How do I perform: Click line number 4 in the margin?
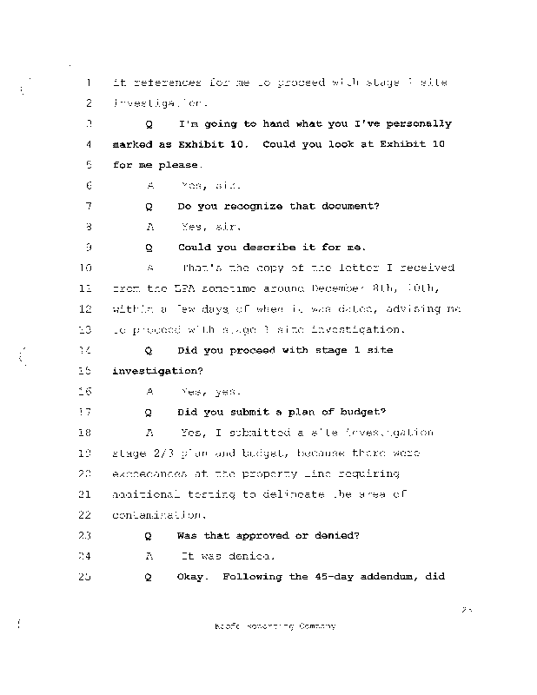coord(89,144)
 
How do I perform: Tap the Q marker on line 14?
coord(149,350)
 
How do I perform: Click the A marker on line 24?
coord(149,556)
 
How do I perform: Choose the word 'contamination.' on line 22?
coord(157,515)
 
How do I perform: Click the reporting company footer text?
coord(274,625)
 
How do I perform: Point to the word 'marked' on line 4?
coord(133,144)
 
